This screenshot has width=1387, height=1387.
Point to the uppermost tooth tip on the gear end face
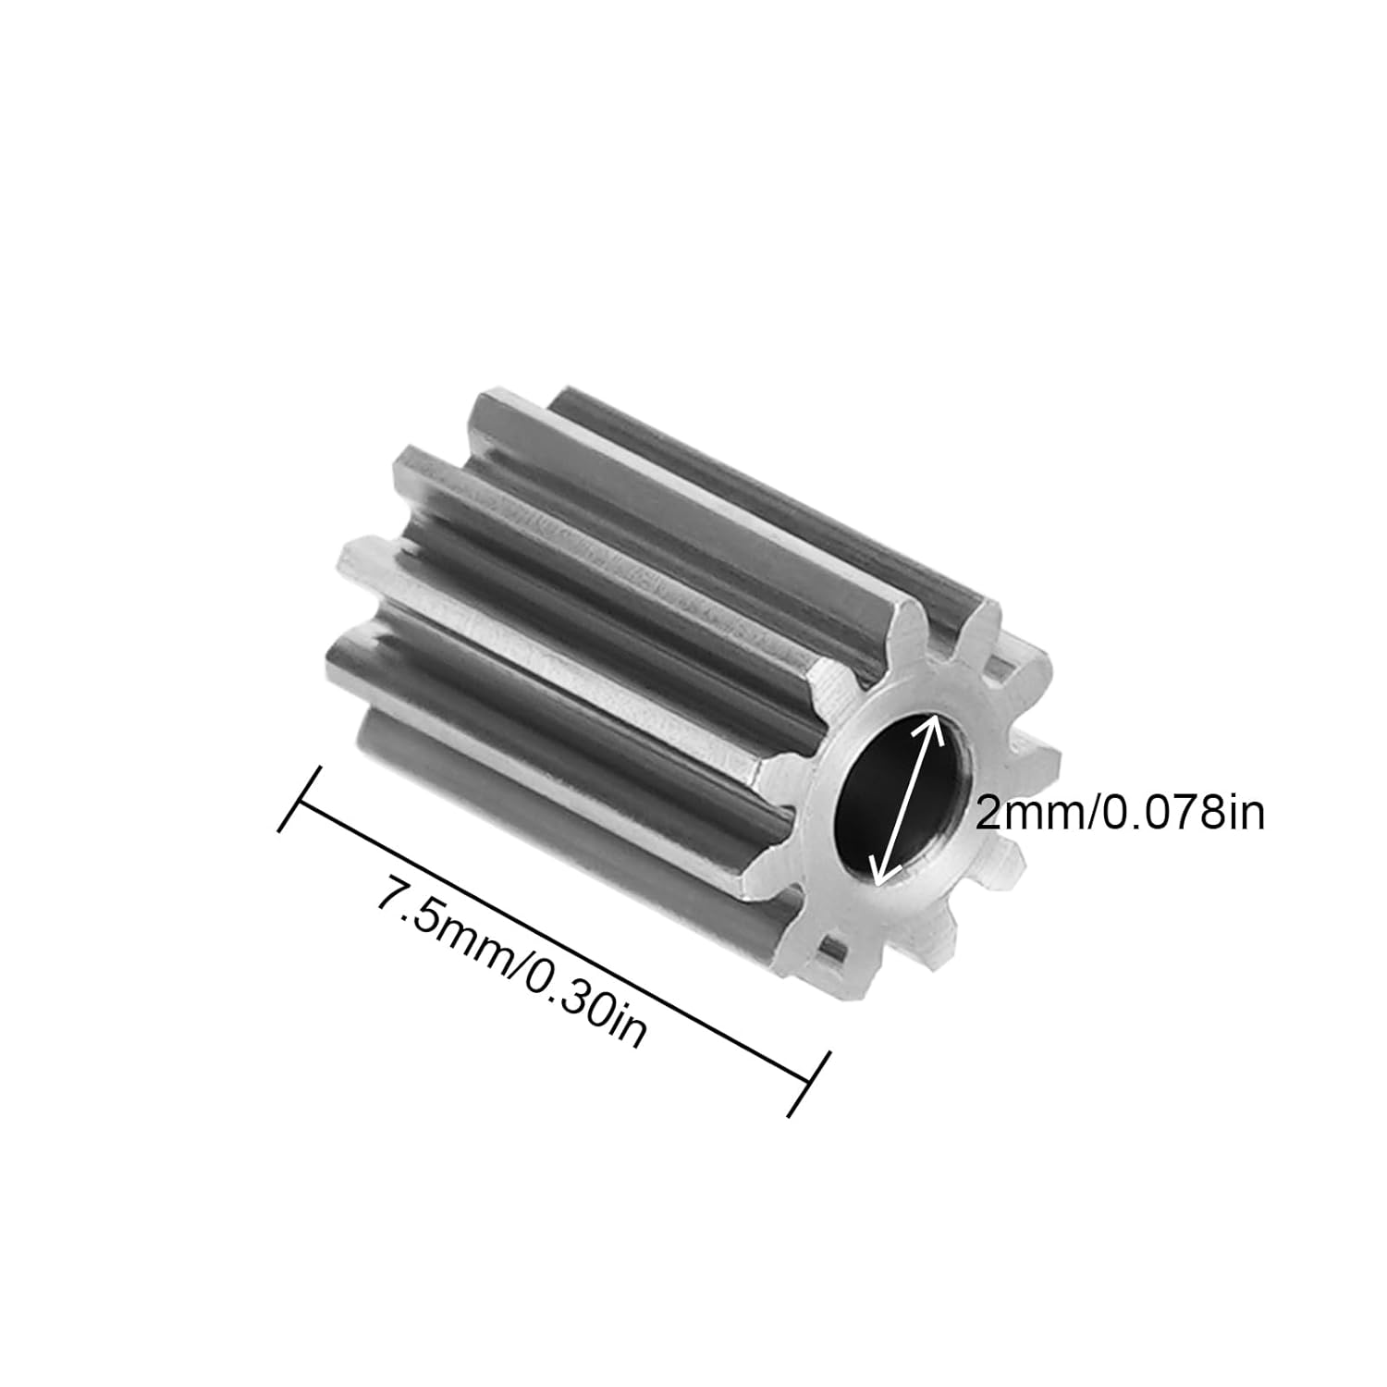click(989, 614)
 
